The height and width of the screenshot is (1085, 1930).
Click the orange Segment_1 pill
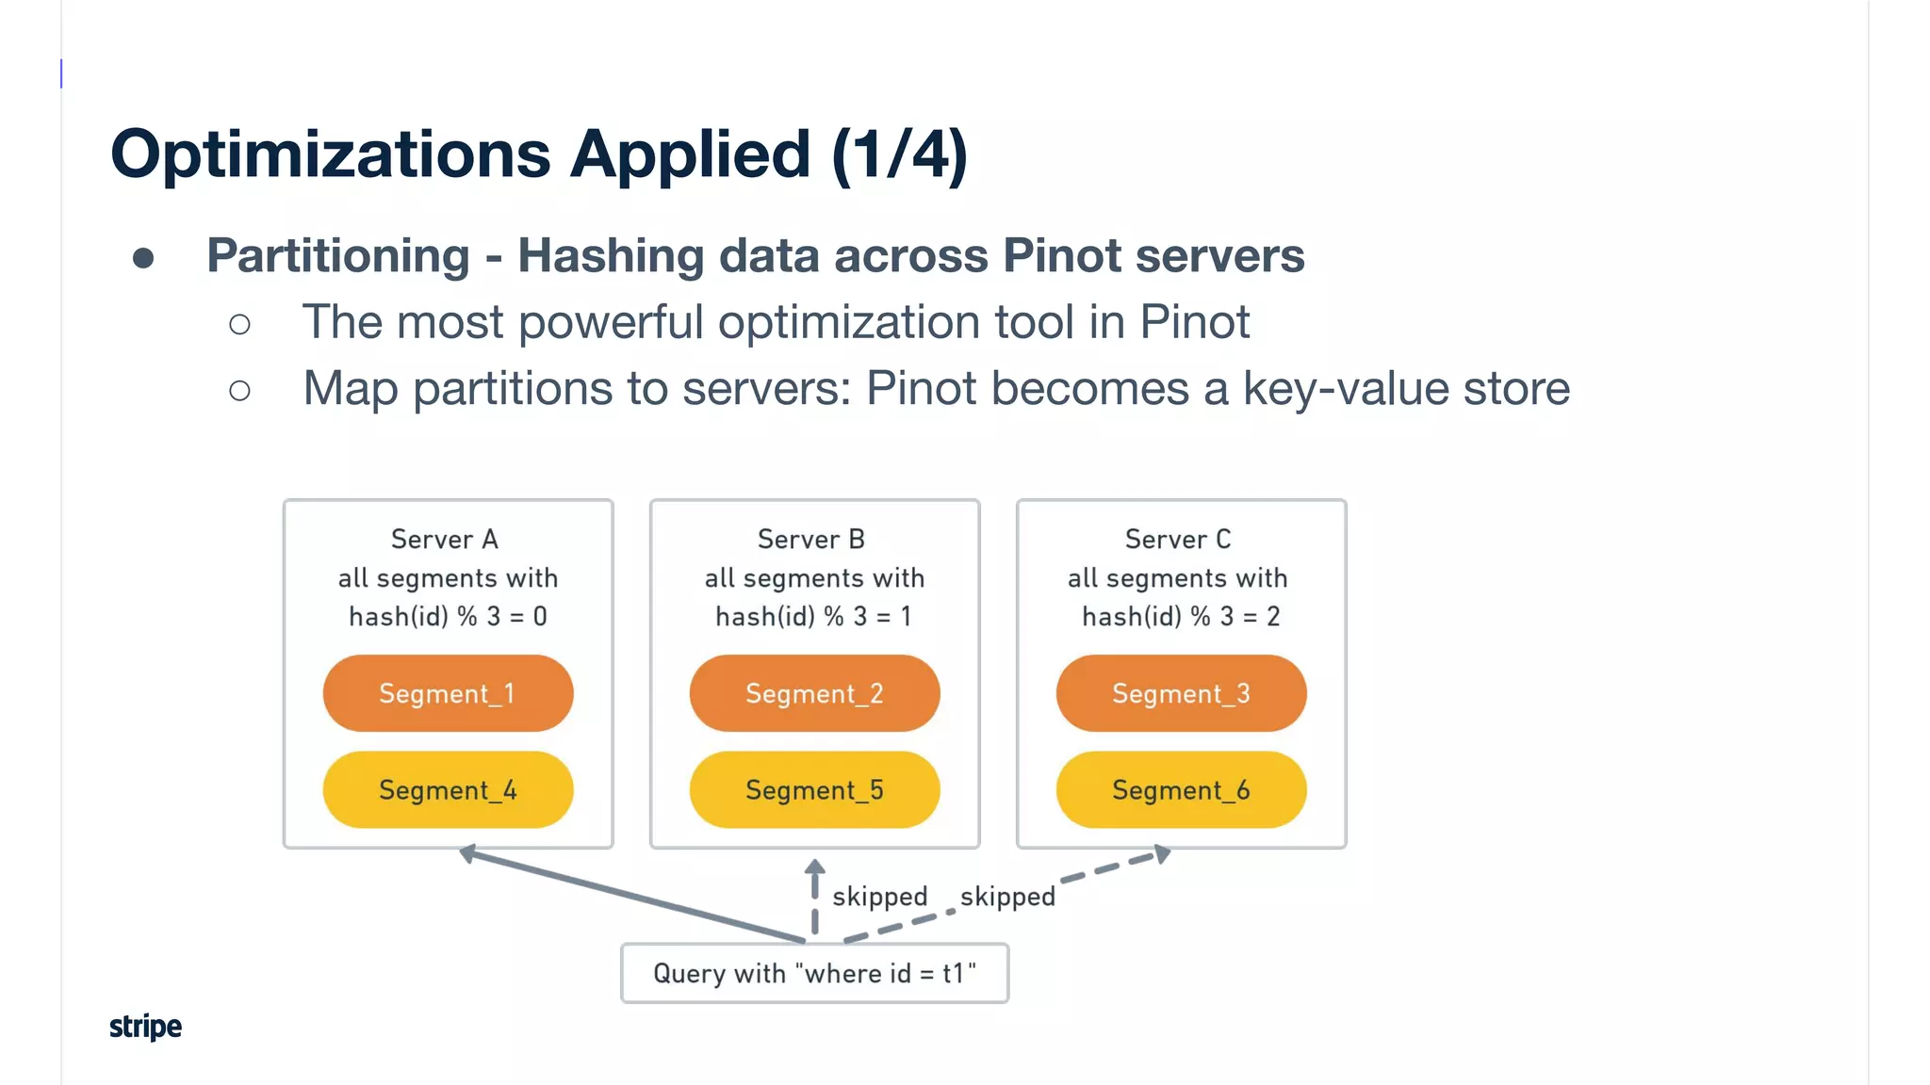[x=448, y=693]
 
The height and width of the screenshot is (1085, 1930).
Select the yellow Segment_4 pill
[x=448, y=789]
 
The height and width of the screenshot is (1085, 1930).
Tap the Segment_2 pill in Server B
[x=814, y=693]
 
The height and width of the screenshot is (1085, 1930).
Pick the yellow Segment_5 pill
[x=814, y=789]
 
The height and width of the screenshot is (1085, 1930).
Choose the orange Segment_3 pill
[x=1181, y=693]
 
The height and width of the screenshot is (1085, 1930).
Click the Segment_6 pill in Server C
[x=1181, y=789]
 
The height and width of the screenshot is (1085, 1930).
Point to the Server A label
[x=445, y=539]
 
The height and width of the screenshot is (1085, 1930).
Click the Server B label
[x=811, y=539]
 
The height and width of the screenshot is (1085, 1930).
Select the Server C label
[x=1178, y=539]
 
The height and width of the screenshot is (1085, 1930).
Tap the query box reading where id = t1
[x=814, y=973]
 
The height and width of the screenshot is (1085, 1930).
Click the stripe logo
[x=145, y=1026]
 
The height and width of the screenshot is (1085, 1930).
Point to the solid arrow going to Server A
[x=631, y=896]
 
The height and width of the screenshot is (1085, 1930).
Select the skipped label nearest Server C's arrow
[x=1007, y=896]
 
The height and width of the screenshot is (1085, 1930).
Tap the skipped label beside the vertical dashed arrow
[x=879, y=896]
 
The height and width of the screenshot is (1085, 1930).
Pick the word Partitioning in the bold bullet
[x=338, y=255]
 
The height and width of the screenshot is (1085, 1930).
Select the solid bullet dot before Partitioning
[x=143, y=258]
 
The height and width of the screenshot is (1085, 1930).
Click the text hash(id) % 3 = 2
[x=1181, y=616]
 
